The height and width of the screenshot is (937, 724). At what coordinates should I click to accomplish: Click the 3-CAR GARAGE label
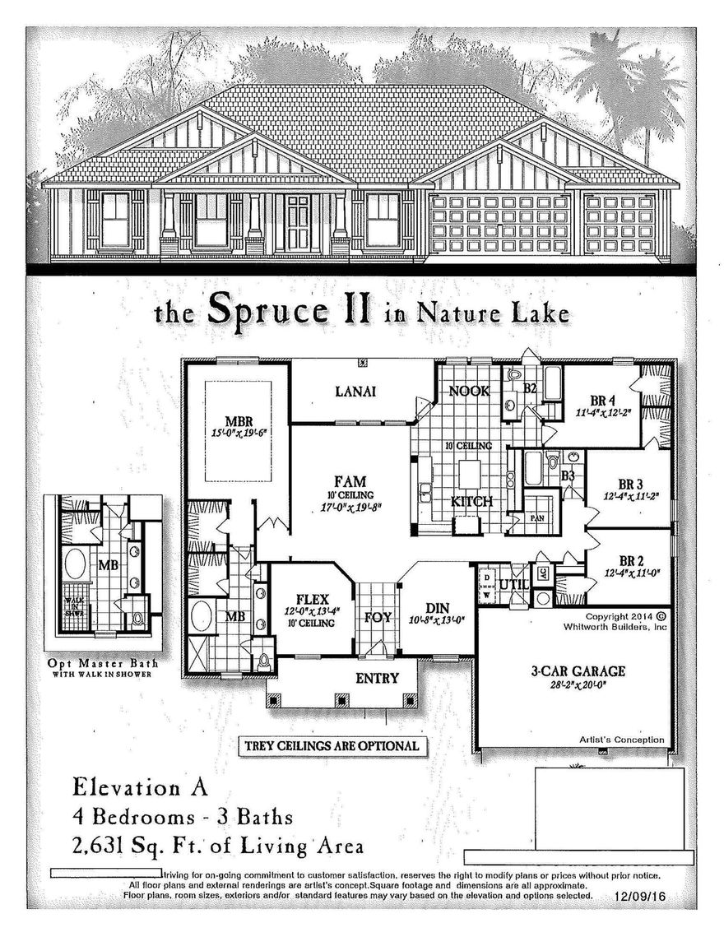click(x=566, y=671)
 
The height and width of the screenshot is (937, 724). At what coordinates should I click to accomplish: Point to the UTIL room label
click(x=513, y=584)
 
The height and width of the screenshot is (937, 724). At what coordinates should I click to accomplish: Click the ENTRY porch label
click(x=377, y=679)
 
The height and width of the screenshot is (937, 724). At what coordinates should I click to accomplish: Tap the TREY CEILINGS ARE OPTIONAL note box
click(x=333, y=746)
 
